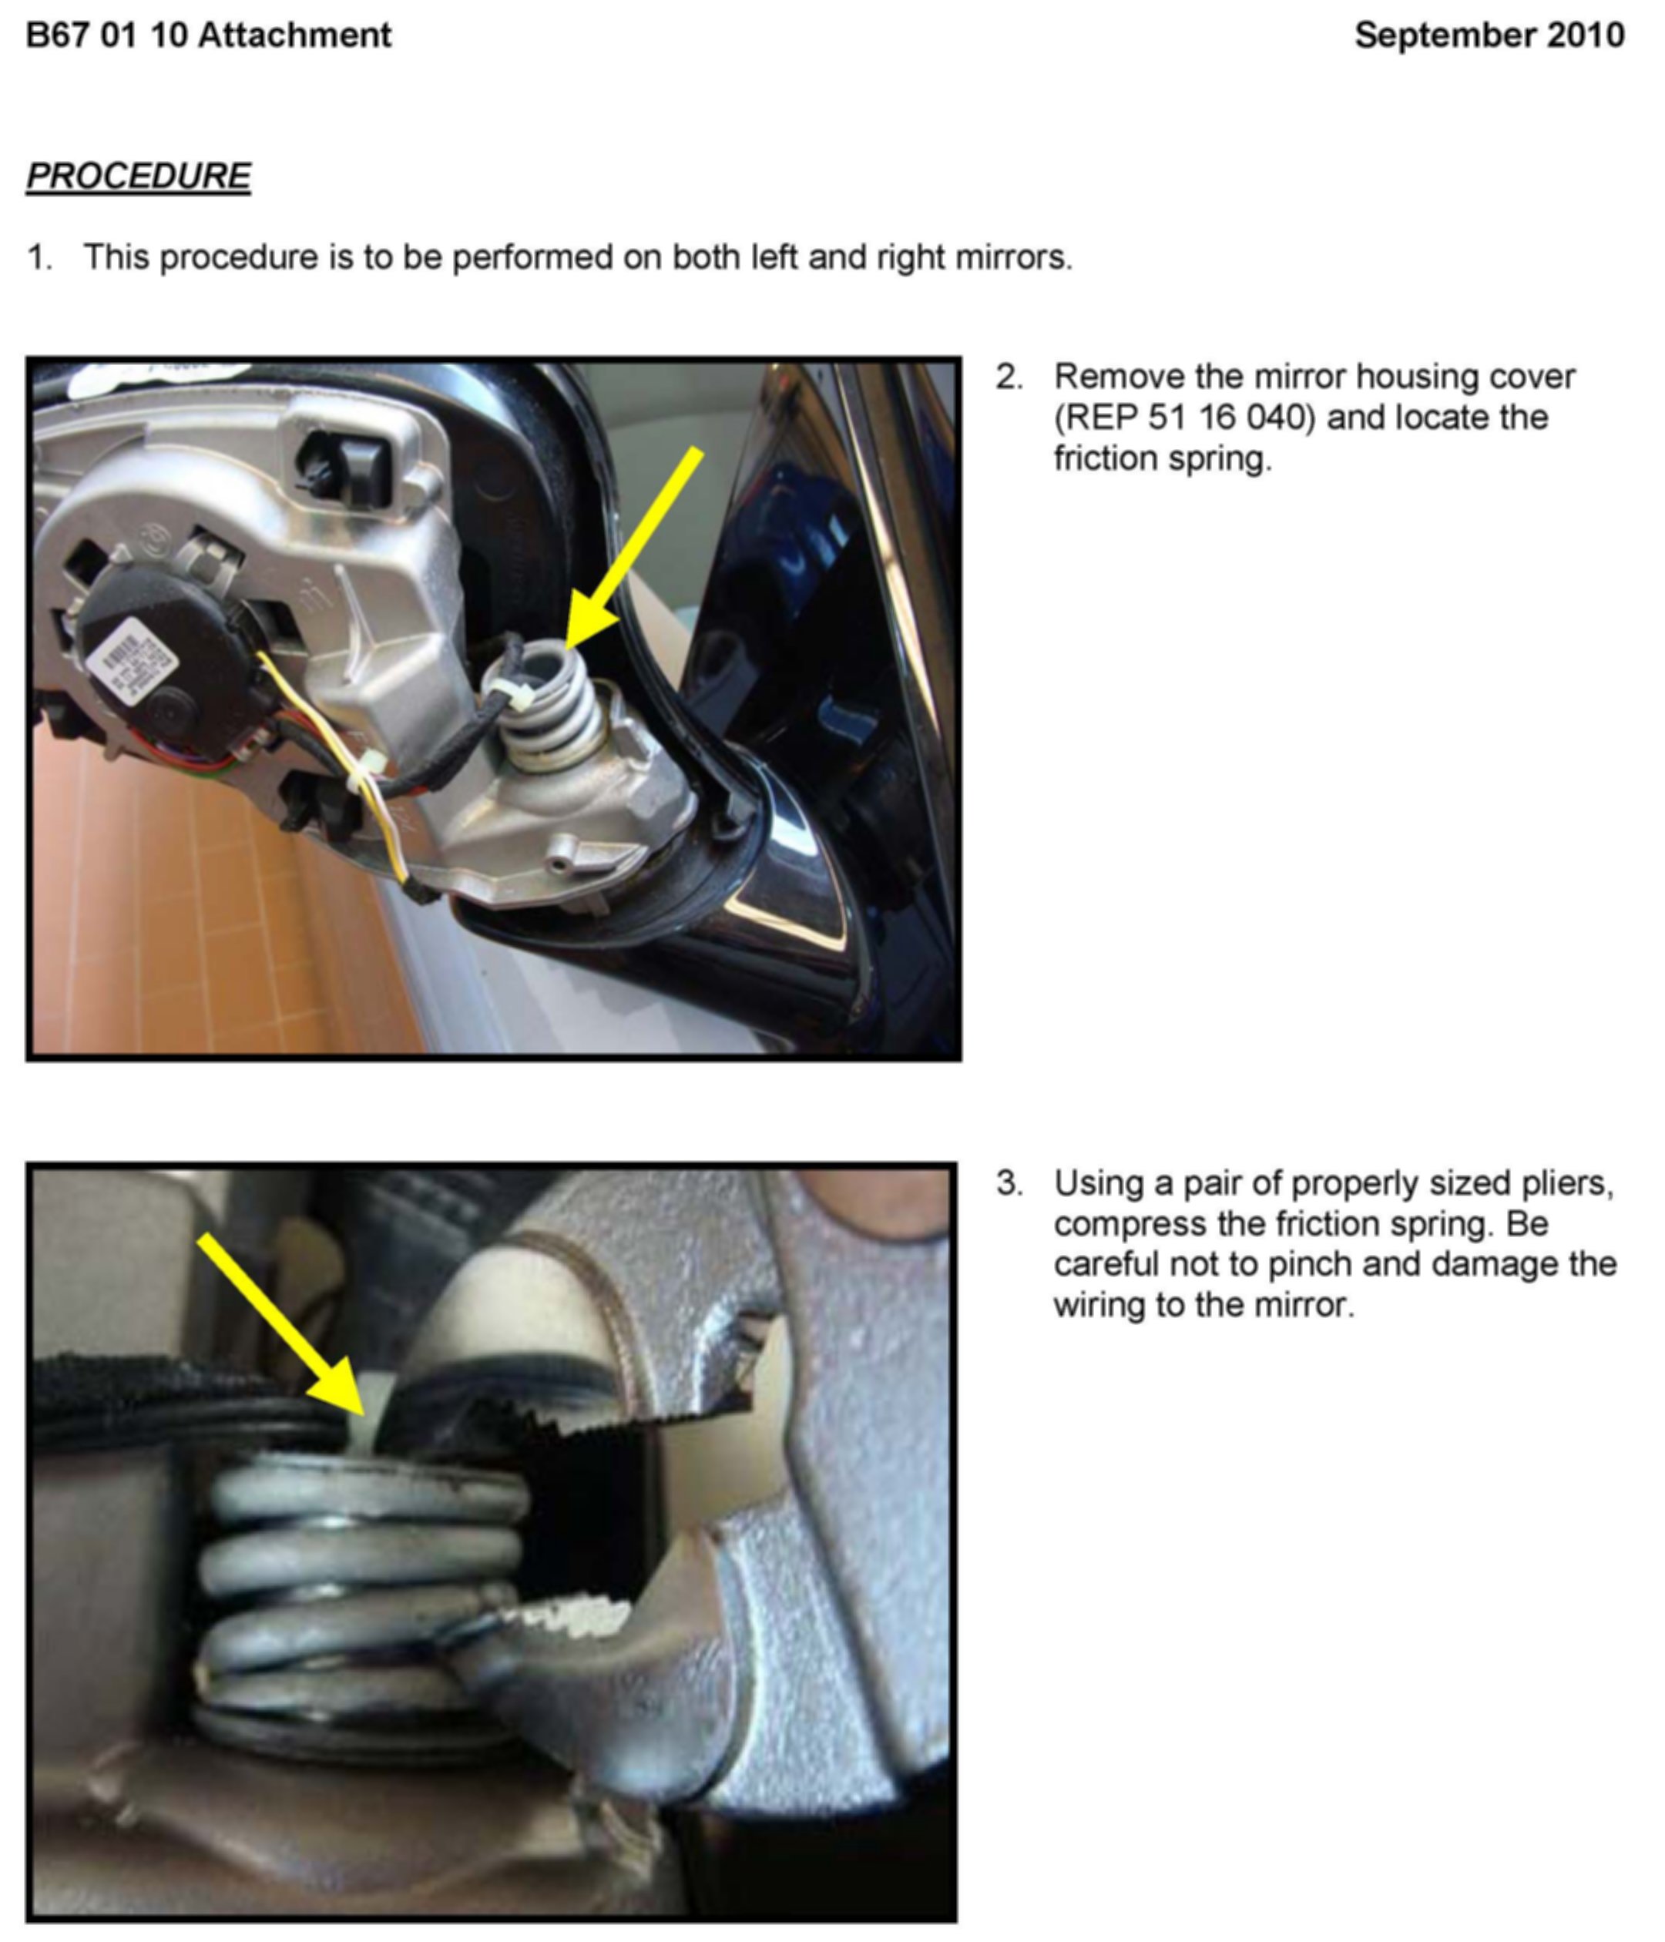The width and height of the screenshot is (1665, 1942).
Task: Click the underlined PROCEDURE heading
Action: [139, 176]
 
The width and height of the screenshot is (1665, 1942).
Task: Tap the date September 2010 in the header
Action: [1489, 35]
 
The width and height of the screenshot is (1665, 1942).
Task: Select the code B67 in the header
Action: [57, 35]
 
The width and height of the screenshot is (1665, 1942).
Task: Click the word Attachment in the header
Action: [295, 35]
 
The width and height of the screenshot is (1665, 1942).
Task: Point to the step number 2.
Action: [1009, 377]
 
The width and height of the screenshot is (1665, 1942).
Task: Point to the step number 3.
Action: [1009, 1184]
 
